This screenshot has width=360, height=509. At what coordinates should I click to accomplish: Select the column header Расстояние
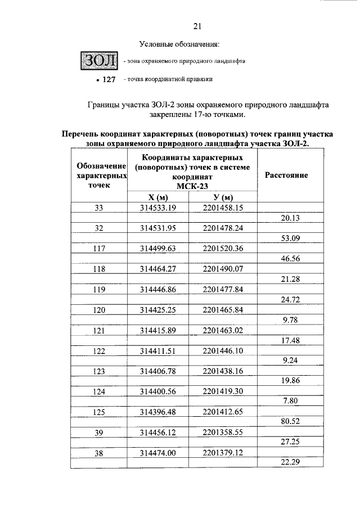point(290,175)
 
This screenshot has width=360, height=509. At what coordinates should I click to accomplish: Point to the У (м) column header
point(223,197)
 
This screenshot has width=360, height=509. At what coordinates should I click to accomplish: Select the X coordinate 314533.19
point(159,208)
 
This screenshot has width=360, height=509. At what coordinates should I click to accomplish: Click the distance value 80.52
point(290,421)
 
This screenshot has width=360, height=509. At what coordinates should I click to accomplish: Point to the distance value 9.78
point(290,319)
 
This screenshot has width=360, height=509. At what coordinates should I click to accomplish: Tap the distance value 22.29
point(290,462)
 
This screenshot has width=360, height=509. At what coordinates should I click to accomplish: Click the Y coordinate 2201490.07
point(223,269)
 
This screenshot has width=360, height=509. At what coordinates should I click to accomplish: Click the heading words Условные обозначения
point(179,44)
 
